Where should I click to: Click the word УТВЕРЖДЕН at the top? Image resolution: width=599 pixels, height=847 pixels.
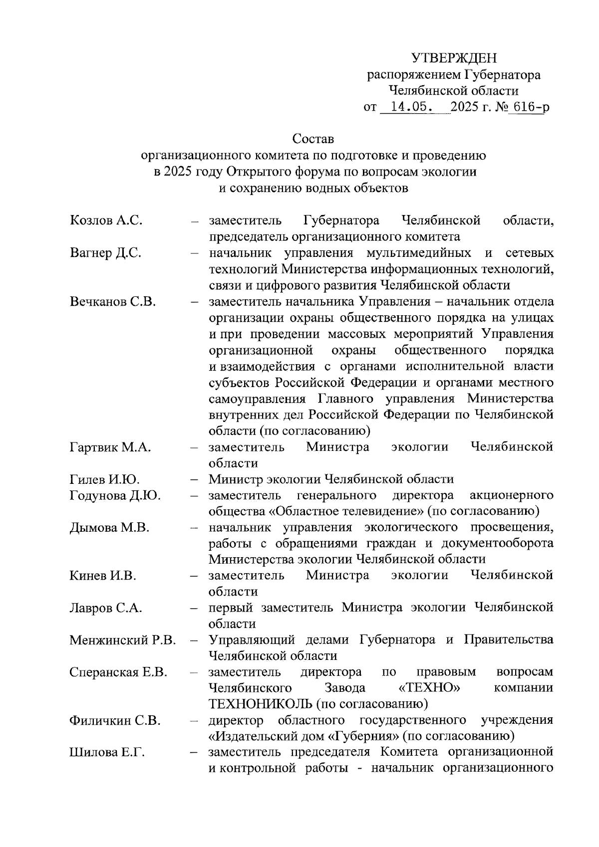point(454,58)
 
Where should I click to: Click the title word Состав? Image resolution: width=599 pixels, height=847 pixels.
point(313,138)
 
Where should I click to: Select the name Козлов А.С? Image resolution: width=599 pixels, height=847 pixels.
point(106,220)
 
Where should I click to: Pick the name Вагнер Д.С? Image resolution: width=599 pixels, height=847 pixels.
point(105,252)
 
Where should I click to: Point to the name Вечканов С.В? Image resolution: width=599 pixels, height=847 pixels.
point(113,301)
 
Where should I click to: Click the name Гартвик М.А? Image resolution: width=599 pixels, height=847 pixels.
point(110,447)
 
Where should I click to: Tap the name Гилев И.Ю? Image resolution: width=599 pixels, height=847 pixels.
point(104,479)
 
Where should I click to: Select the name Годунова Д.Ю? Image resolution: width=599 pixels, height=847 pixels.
point(115,495)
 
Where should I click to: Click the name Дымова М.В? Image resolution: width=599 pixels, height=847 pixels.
point(109,528)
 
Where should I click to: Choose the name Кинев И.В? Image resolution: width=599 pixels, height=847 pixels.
point(103,576)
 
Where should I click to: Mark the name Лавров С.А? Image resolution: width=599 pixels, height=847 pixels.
point(106,608)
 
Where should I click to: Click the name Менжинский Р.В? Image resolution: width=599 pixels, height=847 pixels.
point(122,640)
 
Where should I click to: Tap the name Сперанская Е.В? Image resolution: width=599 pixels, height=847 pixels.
point(118,672)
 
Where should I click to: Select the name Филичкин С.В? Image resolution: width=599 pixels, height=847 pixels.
point(115,720)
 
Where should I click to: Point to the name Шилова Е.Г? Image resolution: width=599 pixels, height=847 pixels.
point(107,753)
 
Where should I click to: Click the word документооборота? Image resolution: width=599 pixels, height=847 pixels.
point(503,543)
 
